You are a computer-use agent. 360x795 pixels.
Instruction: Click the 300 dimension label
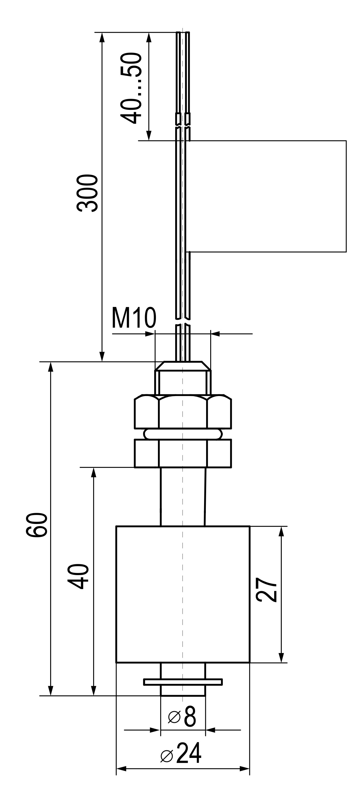tap(87, 193)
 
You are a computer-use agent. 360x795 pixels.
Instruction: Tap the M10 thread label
tap(134, 318)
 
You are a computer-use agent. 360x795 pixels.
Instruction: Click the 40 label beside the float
tap(78, 577)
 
